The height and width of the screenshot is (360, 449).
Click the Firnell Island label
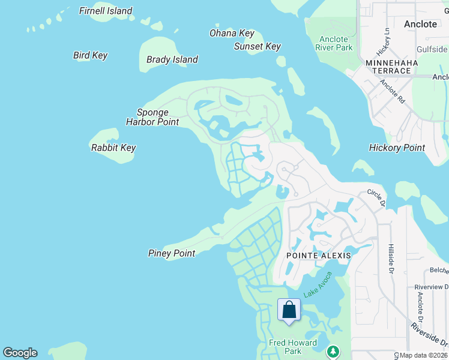106,11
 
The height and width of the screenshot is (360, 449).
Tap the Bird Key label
90,55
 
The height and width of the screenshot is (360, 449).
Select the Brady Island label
172,59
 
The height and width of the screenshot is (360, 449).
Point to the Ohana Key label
232,34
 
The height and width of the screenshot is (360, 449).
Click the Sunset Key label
258,46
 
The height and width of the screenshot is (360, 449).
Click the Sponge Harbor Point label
152,117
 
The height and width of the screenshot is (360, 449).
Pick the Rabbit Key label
113,148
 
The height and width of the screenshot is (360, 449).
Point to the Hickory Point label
397,148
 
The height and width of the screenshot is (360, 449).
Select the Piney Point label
172,253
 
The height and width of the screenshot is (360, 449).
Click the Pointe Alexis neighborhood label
318,255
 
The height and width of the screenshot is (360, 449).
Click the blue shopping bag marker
289,310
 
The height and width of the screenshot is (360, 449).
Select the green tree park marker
333,351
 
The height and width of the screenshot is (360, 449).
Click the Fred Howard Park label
285,347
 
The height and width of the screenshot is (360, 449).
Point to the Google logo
20,353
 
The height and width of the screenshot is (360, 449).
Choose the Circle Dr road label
376,197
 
